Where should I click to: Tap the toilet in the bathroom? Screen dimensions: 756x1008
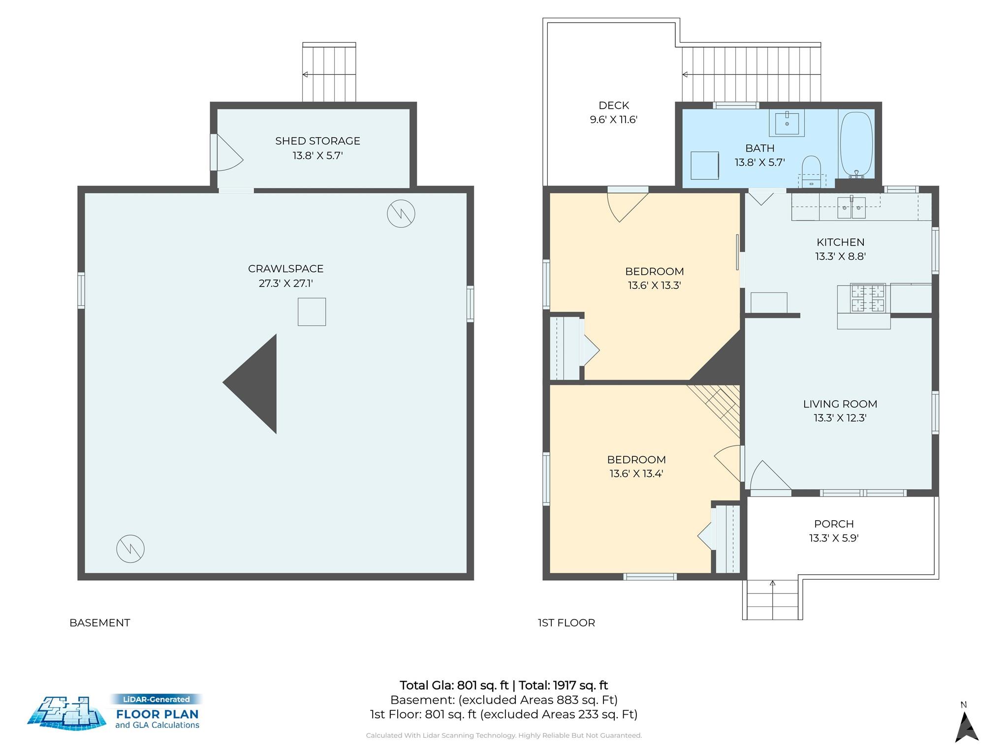point(811,170)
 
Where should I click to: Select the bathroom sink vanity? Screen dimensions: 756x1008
point(787,123)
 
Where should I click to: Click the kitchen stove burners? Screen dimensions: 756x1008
point(868,298)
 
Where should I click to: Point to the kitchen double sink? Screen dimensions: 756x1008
point(851,207)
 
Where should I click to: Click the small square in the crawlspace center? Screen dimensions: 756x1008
point(312,312)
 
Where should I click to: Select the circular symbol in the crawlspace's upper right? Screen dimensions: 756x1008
point(401,214)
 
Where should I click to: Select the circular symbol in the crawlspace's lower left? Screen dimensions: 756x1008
point(130,548)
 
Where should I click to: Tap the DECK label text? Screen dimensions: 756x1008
point(614,105)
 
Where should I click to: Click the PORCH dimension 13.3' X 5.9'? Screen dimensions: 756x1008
point(834,538)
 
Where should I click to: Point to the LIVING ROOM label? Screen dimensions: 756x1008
point(840,404)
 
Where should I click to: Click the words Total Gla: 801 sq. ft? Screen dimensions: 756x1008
point(454,685)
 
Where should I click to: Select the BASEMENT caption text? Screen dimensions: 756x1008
point(100,623)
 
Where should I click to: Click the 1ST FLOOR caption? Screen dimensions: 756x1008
point(567,623)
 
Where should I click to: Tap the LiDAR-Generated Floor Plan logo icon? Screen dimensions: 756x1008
point(67,711)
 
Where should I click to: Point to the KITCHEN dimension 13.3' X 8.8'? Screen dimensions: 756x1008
point(840,256)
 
